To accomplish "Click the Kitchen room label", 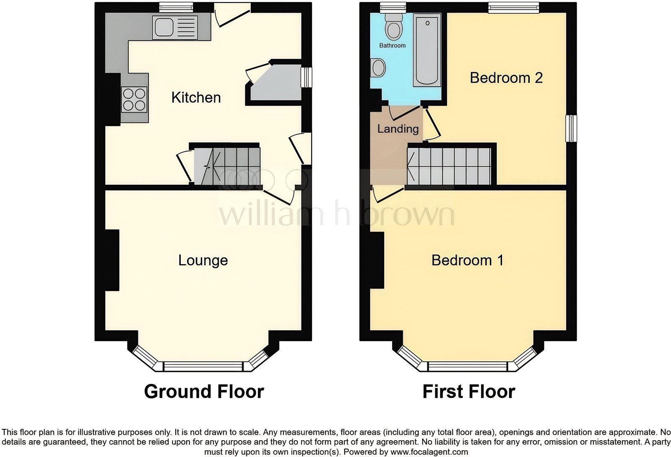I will (x=196, y=97).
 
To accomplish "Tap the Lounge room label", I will (x=203, y=260).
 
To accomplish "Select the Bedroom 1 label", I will (x=467, y=260).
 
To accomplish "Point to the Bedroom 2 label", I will (x=506, y=78).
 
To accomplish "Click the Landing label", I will (x=398, y=129).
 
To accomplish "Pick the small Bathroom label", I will (x=392, y=45).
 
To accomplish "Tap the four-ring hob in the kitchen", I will (x=134, y=100).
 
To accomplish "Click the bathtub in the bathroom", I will (x=427, y=50).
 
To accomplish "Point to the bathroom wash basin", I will (x=379, y=68).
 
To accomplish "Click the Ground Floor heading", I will (x=204, y=391).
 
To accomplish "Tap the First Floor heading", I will (x=468, y=391).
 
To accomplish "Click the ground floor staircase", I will (x=226, y=166).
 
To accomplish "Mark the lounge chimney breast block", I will (x=112, y=260).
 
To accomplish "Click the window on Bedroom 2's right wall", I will (x=571, y=128).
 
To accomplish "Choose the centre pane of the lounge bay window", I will (x=203, y=367).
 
